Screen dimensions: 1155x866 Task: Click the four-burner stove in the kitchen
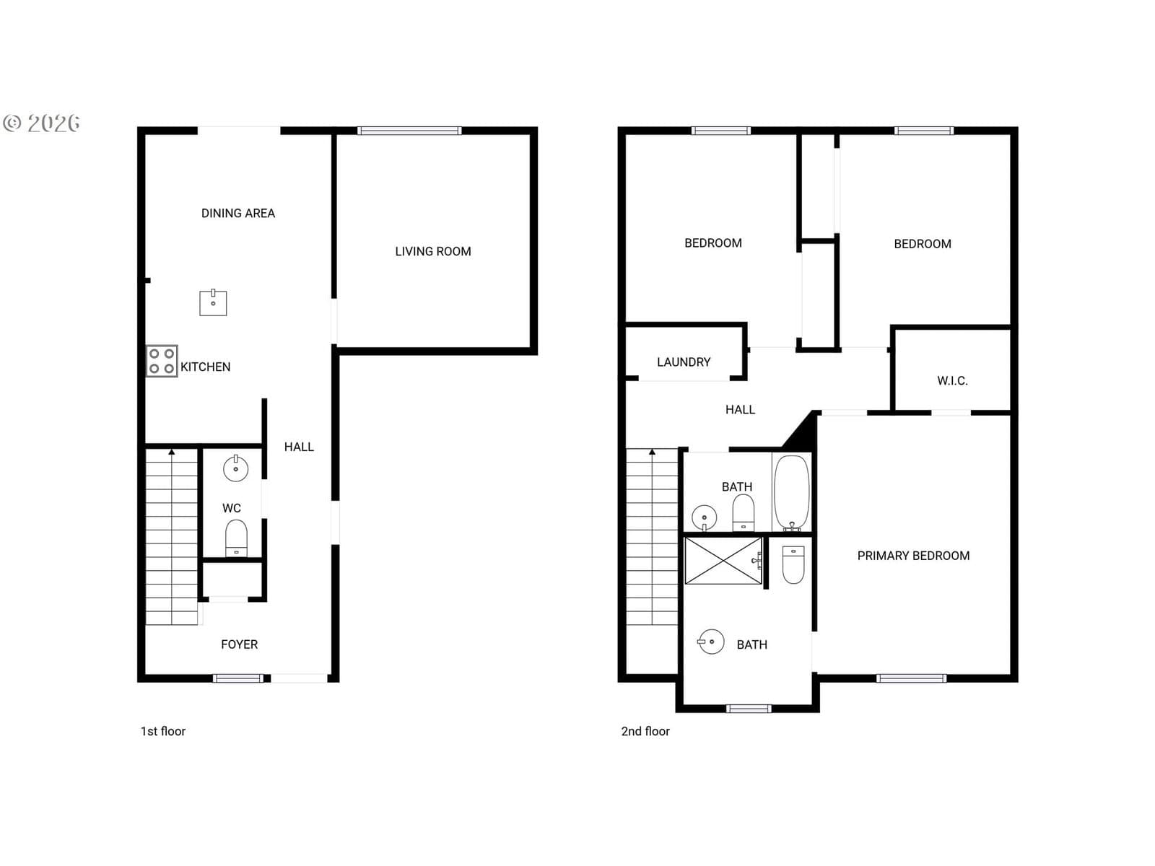[x=162, y=361]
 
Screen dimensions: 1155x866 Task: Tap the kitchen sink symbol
[x=213, y=302]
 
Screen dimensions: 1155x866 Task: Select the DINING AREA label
[x=237, y=213]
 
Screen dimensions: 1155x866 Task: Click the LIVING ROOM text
[x=432, y=251]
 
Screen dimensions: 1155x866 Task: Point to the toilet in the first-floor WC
[x=236, y=538]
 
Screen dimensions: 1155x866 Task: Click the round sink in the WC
[x=236, y=468]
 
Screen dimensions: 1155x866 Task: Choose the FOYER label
[x=239, y=644]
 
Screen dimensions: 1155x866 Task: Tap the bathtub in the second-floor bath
[x=791, y=493]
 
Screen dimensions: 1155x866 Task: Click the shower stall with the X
[x=723, y=561]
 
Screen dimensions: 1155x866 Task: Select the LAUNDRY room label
[x=684, y=362]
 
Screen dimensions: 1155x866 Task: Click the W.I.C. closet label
[x=952, y=381]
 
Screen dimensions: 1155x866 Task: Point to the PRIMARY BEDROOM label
[x=913, y=556]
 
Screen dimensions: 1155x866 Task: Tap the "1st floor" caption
[x=162, y=731]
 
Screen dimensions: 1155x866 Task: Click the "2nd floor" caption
[x=645, y=731]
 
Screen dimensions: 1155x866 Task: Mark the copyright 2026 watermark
[x=41, y=123]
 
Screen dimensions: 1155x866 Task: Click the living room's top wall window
[x=409, y=131]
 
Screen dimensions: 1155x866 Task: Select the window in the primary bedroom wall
[x=912, y=678]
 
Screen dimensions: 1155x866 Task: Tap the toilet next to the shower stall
[x=793, y=565]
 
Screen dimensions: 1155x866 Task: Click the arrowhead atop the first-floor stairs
[x=172, y=452]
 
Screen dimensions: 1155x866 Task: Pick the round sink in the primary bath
[x=711, y=642]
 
